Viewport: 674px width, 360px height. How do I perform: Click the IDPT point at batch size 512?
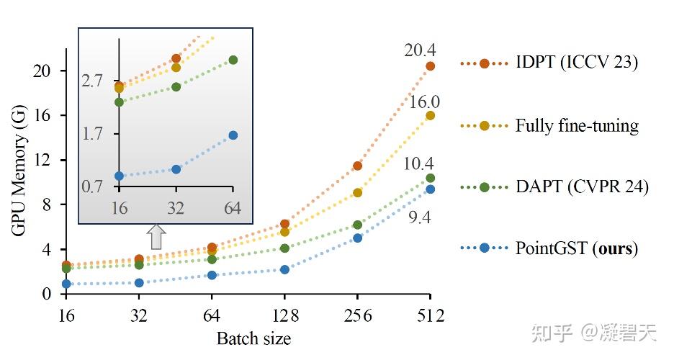431,66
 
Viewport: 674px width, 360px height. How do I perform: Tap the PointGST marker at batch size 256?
358,238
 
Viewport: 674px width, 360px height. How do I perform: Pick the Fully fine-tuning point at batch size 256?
358,192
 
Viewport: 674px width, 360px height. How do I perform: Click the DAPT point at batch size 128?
284,248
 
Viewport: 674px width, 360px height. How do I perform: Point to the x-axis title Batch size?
253,338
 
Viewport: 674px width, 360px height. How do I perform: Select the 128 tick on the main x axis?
284,316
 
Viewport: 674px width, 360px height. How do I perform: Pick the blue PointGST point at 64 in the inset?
233,135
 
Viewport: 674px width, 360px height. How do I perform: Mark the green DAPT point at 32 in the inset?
176,87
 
